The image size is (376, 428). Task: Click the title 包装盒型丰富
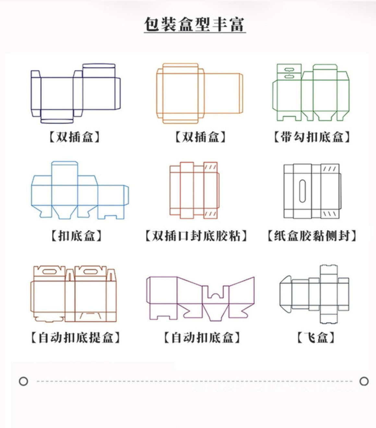pyautogui.click(x=195, y=25)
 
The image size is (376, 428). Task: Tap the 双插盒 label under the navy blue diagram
pyautogui.click(x=74, y=137)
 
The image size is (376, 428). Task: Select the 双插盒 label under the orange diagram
pyautogui.click(x=200, y=137)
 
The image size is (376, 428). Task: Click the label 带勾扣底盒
pyautogui.click(x=312, y=137)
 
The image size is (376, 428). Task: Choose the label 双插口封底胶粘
pyautogui.click(x=196, y=236)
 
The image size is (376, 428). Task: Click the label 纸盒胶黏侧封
pyautogui.click(x=312, y=236)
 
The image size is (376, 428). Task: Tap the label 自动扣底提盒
pyautogui.click(x=76, y=337)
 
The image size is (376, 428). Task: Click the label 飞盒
pyautogui.click(x=316, y=337)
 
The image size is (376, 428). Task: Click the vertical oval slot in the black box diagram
pyautogui.click(x=302, y=191)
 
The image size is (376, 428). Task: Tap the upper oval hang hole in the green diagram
pyautogui.click(x=289, y=69)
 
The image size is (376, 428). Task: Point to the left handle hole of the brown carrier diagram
pyautogui.click(x=49, y=272)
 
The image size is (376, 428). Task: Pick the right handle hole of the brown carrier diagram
pyautogui.click(x=91, y=272)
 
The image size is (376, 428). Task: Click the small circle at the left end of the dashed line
pyautogui.click(x=23, y=381)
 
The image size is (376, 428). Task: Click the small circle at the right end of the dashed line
pyautogui.click(x=364, y=381)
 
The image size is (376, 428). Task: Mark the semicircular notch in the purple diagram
pyautogui.click(x=215, y=296)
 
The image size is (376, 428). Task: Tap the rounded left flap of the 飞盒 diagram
pyautogui.click(x=286, y=294)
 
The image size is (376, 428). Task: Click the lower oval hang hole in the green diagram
pyautogui.click(x=289, y=76)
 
